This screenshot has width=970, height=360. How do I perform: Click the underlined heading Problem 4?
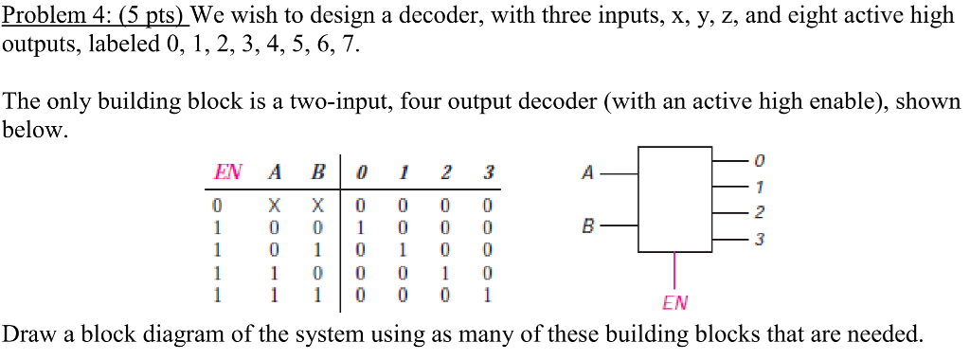click(x=95, y=16)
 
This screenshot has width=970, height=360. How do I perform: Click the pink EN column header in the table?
click(x=227, y=172)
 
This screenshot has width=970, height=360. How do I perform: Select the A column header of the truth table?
click(x=275, y=172)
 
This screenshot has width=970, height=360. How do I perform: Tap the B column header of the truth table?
click(x=319, y=172)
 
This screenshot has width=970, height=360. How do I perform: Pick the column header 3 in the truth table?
click(x=488, y=172)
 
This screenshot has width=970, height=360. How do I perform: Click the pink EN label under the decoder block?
click(x=675, y=303)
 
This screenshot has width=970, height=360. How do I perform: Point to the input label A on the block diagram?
click(x=587, y=173)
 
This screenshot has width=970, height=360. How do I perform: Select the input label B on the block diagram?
click(x=587, y=227)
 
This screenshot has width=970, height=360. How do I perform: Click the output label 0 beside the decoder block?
click(x=759, y=159)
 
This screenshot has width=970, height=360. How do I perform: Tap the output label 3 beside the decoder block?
click(x=759, y=241)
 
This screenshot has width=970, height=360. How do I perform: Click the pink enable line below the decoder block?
click(x=675, y=271)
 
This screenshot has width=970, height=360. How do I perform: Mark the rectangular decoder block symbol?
click(x=675, y=199)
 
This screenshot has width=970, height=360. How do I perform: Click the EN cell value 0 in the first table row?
click(x=217, y=204)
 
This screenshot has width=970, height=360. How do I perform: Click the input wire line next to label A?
click(x=620, y=173)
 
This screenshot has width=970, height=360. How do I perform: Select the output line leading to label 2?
click(x=729, y=214)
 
